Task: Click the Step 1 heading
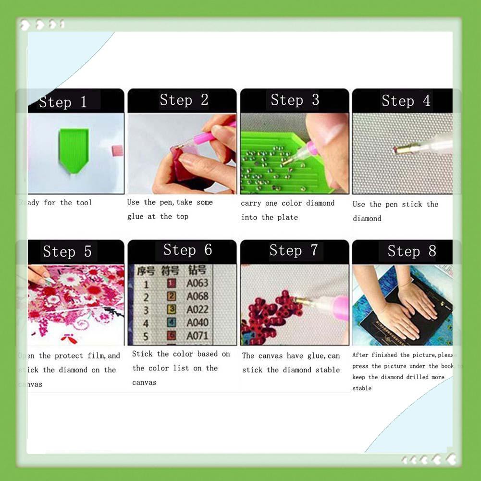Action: tap(62, 102)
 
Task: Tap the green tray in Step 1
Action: tap(73, 149)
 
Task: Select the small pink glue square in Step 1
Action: tap(117, 150)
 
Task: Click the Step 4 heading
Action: tap(406, 101)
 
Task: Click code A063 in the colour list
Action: tap(197, 284)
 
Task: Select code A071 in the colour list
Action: tap(197, 335)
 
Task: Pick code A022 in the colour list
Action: tap(197, 309)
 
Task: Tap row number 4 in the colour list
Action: tap(146, 323)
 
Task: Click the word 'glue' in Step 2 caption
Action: tap(135, 217)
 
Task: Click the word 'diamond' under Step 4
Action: tap(367, 219)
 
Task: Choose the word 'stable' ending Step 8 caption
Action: tap(361, 388)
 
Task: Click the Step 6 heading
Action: tap(187, 250)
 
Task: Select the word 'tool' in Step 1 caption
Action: tap(84, 203)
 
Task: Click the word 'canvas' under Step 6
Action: tap(144, 382)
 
